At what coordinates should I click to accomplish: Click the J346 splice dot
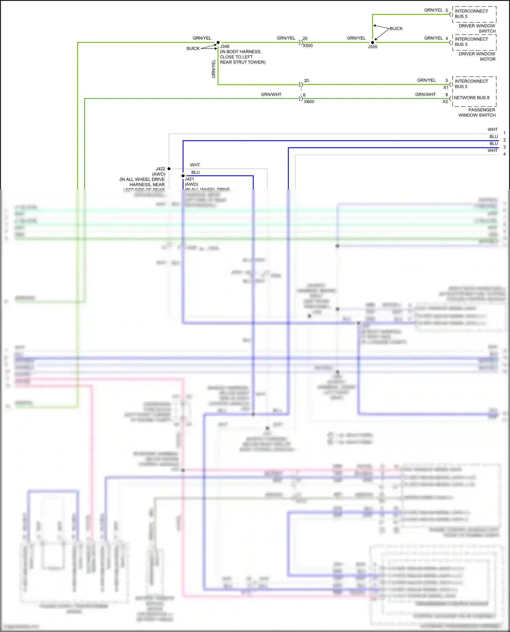click(218, 42)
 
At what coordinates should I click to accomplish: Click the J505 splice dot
click(373, 42)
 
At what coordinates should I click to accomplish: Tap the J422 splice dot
click(169, 168)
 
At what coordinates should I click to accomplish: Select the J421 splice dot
click(183, 176)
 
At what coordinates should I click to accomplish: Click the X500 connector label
click(308, 46)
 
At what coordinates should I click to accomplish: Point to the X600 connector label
click(309, 102)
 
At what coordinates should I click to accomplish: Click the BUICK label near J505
click(396, 29)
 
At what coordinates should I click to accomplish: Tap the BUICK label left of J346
click(193, 49)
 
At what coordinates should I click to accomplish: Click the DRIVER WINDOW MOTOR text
click(477, 56)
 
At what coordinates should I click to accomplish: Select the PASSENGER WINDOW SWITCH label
click(477, 112)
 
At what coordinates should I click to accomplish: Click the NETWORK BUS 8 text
click(472, 98)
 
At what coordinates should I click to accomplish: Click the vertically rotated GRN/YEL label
click(214, 69)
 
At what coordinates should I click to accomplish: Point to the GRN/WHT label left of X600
click(271, 94)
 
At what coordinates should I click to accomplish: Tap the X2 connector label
click(445, 102)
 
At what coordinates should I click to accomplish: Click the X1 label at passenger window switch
click(445, 88)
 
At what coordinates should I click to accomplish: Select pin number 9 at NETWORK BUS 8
click(447, 95)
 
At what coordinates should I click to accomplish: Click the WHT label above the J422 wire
click(195, 165)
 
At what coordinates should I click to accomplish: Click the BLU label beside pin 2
click(494, 137)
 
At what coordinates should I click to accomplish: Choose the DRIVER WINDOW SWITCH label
click(477, 29)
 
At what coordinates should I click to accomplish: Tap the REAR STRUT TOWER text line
click(242, 62)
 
